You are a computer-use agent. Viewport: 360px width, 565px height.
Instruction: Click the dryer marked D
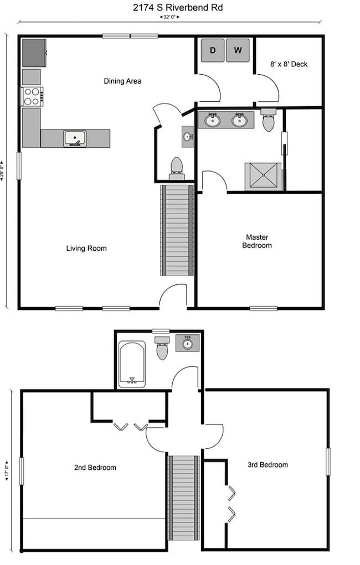tap(213, 50)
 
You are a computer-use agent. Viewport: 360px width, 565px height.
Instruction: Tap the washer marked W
tap(238, 50)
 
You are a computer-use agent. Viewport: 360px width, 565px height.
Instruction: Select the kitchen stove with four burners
tap(32, 96)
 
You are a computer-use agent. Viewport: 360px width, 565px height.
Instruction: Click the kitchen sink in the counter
tap(75, 139)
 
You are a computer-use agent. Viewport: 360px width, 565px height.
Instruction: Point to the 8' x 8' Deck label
tap(289, 64)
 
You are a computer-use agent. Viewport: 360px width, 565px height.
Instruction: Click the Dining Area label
tap(122, 81)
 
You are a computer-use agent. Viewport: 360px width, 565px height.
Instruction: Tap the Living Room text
tap(86, 248)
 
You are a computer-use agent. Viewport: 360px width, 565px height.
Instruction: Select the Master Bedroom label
tap(257, 241)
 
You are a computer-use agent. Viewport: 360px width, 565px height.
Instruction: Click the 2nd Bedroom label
tap(95, 468)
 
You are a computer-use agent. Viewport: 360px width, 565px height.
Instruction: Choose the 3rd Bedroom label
tap(268, 465)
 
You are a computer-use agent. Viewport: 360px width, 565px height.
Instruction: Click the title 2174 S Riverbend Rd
tap(178, 8)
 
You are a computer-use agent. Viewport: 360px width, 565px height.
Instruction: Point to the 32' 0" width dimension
tap(169, 17)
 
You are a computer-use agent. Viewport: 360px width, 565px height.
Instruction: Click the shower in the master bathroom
tap(263, 177)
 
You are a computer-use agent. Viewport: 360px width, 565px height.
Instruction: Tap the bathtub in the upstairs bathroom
tap(132, 364)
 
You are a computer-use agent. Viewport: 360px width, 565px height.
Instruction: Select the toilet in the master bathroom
tap(269, 120)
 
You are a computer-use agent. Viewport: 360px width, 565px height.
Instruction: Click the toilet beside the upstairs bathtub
tap(162, 348)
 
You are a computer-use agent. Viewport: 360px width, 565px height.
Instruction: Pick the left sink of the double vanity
tap(213, 120)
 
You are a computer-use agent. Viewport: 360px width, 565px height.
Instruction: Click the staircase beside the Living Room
tap(177, 230)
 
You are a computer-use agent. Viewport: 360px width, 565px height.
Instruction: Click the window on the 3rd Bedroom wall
tap(328, 462)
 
